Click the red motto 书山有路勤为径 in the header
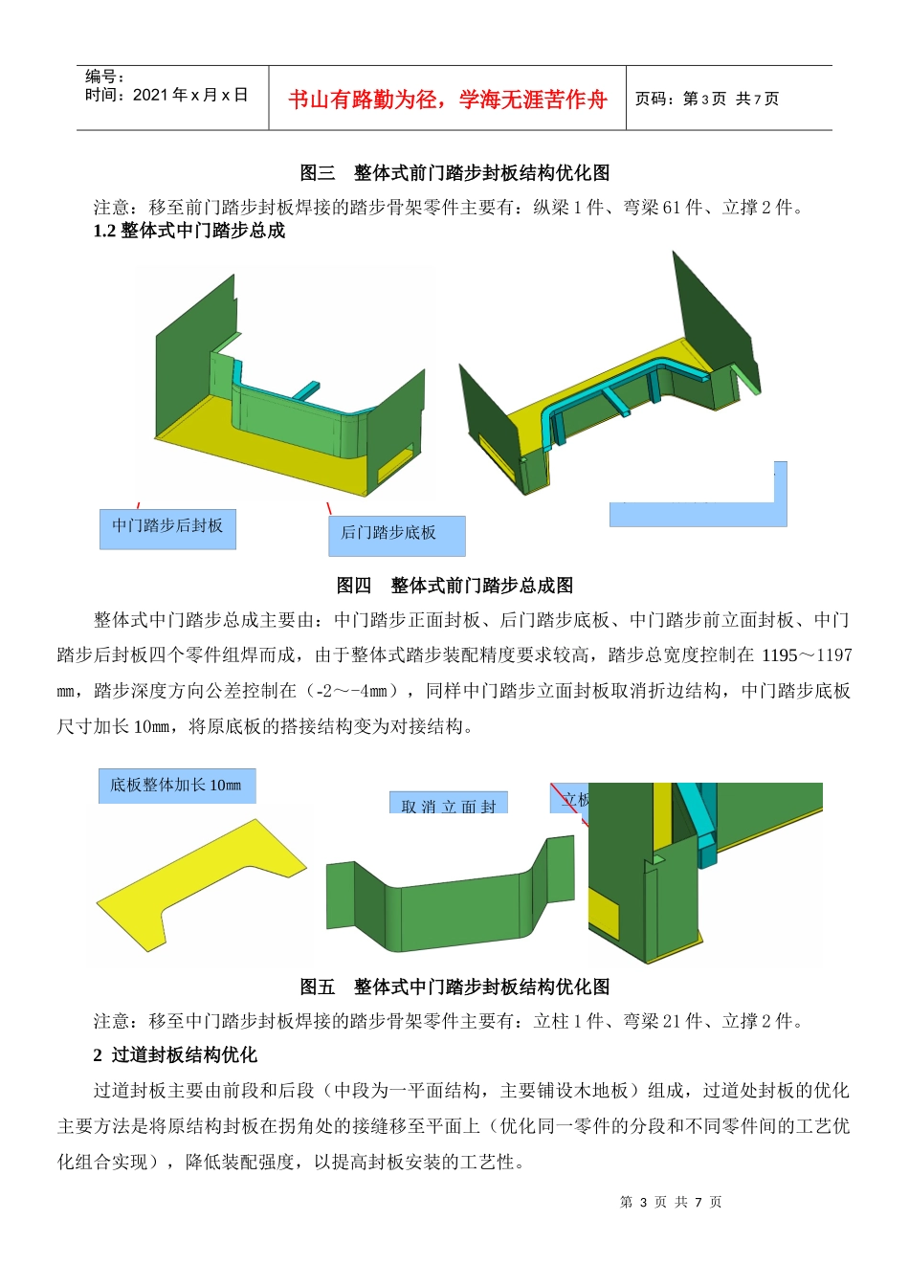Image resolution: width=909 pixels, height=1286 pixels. tap(447, 100)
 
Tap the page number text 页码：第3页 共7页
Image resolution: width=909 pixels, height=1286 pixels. tap(707, 99)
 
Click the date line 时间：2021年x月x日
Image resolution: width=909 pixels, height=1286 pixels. tap(166, 95)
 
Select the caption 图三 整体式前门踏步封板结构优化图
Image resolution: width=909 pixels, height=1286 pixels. tap(454, 173)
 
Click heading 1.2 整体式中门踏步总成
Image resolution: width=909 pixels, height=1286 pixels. tap(189, 231)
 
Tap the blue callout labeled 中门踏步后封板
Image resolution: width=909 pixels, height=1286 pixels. tap(167, 527)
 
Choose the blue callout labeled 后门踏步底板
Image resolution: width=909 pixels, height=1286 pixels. tap(396, 535)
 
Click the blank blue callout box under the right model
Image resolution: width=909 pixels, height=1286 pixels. tap(697, 514)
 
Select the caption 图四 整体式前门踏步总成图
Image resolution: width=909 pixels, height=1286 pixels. tap(454, 586)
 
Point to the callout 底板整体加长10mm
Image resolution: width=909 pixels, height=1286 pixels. tap(176, 786)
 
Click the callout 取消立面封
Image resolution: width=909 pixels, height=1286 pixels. tap(448, 805)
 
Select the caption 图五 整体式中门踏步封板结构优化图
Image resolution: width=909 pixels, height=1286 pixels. tap(454, 987)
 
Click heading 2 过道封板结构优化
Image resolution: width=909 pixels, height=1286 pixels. tap(175, 1054)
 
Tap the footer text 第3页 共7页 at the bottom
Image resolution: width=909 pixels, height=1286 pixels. tap(671, 1202)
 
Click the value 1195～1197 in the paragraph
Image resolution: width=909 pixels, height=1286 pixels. tap(806, 655)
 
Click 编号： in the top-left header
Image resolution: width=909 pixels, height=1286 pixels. tap(104, 77)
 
